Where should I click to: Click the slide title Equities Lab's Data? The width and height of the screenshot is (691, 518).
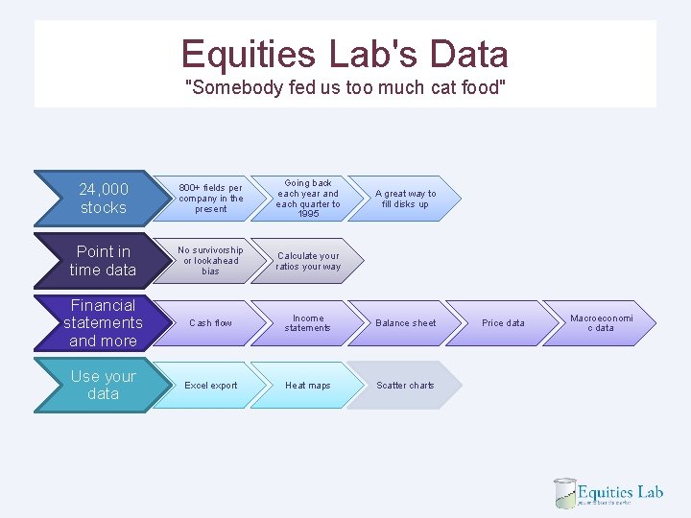345,54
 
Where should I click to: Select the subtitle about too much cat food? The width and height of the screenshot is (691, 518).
345,88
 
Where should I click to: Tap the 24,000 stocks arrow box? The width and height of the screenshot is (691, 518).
101,198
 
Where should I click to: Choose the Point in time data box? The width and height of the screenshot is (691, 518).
101,261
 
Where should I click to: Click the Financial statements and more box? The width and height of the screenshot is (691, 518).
101,323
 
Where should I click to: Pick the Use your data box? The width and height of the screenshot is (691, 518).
101,385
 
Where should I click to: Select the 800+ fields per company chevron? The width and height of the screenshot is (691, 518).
210,199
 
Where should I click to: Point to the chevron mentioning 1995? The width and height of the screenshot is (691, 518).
307,199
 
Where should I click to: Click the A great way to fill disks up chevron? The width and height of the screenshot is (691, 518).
404,199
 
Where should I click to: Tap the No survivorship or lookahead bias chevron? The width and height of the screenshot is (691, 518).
210,261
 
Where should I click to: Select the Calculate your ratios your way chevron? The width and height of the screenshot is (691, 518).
307,261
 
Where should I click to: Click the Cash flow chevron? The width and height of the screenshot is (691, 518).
210,323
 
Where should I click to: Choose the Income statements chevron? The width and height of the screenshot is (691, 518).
307,323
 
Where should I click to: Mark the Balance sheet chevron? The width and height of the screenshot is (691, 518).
404,323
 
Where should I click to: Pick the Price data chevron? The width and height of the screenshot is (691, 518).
503,323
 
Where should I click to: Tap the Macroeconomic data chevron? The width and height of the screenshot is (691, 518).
601,323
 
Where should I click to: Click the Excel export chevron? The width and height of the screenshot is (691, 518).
210,386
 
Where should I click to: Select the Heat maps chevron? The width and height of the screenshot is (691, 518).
307,386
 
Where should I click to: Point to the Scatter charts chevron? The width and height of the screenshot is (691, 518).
404,386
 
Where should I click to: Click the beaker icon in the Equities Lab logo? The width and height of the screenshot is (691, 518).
564,493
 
